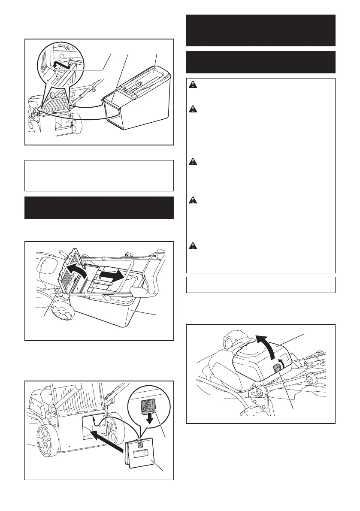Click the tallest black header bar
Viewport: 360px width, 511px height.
coord(260,30)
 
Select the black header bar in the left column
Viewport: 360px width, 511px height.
coord(99,208)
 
